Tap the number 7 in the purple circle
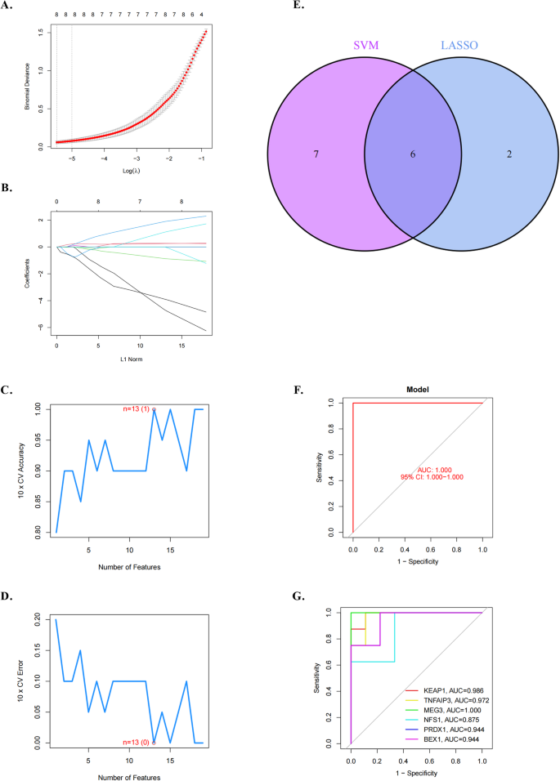click(x=315, y=154)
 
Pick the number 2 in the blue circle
click(x=508, y=154)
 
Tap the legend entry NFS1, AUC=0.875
click(x=446, y=721)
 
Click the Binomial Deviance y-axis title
click(x=28, y=86)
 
